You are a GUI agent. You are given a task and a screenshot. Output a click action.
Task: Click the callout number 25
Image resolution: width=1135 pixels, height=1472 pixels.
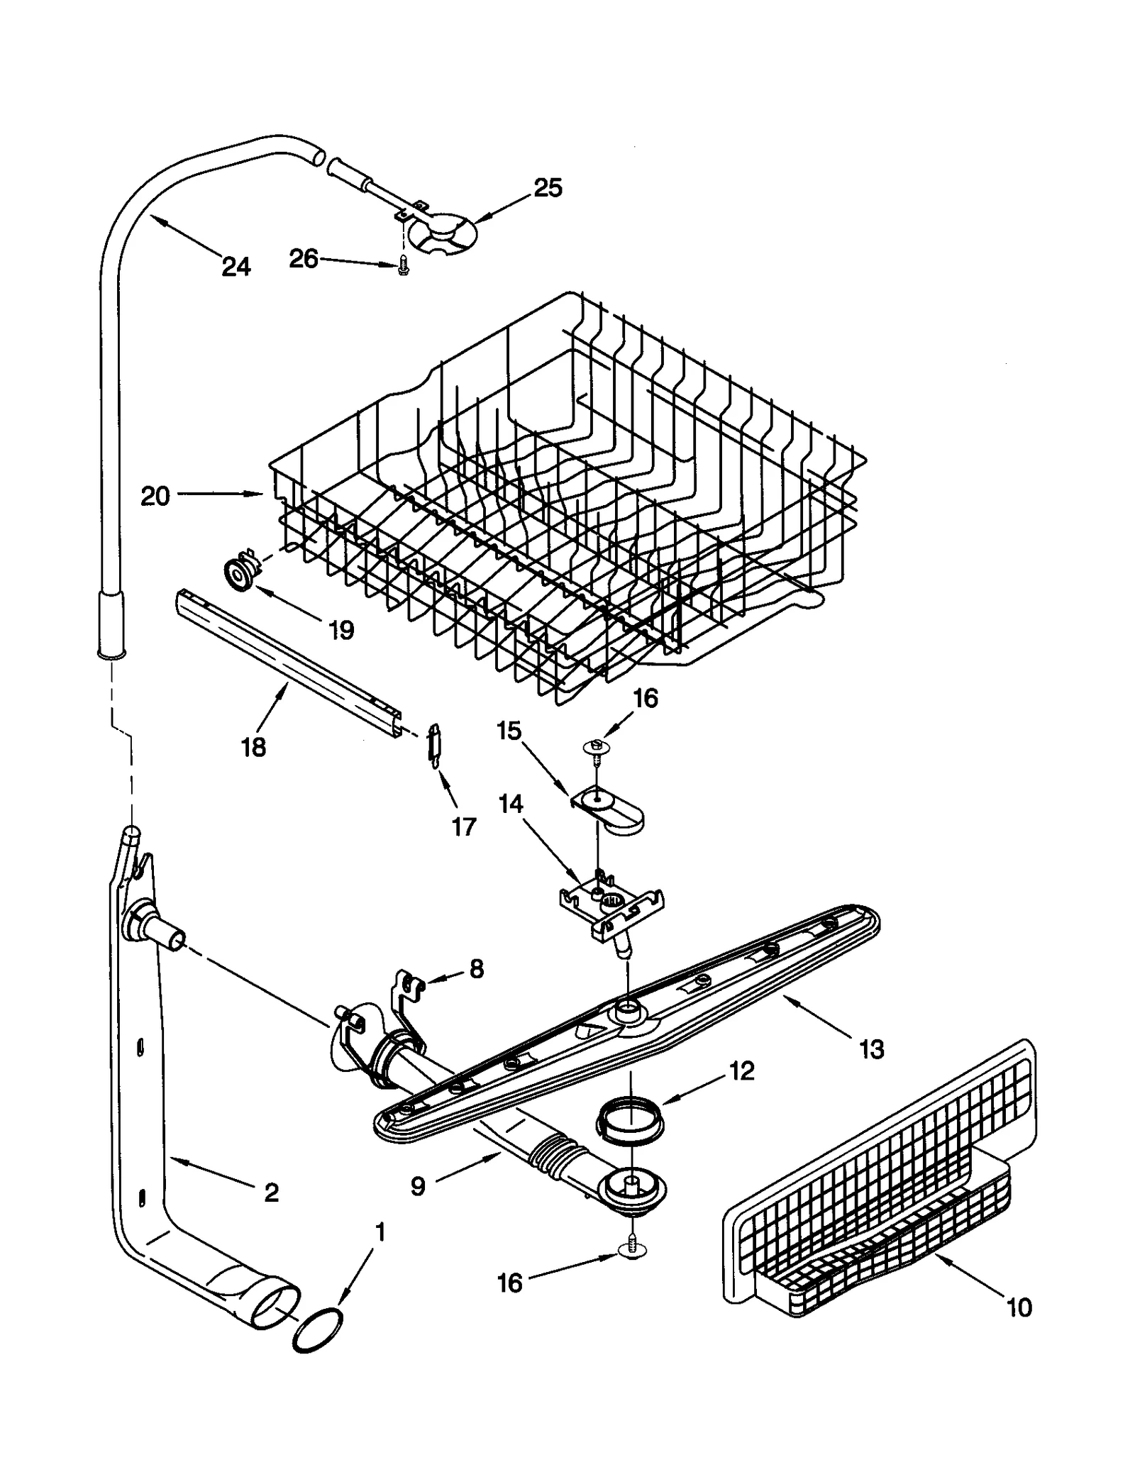pyautogui.click(x=547, y=188)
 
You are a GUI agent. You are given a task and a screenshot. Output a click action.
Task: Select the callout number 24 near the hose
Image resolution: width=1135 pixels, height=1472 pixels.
pyautogui.click(x=236, y=267)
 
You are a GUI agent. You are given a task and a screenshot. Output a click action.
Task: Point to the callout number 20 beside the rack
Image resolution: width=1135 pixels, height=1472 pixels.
pyautogui.click(x=155, y=496)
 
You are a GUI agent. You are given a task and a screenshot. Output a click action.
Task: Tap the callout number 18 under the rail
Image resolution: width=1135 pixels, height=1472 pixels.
pyautogui.click(x=253, y=746)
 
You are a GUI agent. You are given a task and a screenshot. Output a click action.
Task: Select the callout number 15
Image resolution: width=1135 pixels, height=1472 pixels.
pyautogui.click(x=509, y=731)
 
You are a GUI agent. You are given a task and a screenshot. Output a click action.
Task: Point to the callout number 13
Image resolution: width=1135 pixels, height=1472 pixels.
pyautogui.click(x=872, y=1048)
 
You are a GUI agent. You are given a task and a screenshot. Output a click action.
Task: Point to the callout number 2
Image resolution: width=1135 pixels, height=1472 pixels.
pyautogui.click(x=271, y=1192)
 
